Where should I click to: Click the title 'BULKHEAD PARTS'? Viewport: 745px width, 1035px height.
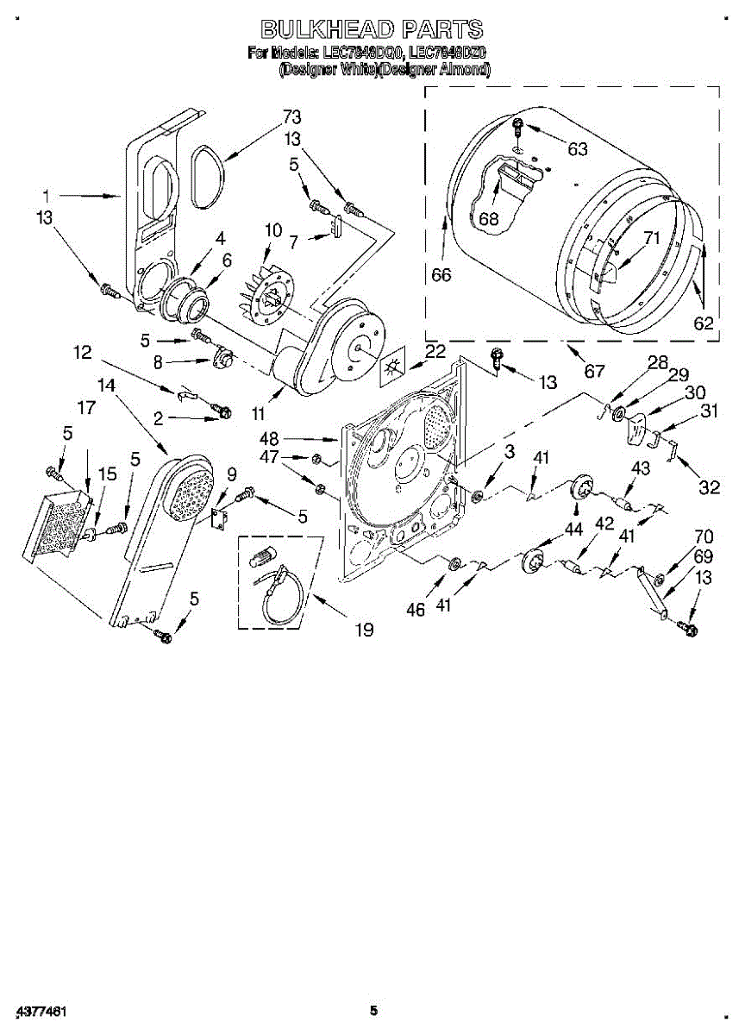pyautogui.click(x=372, y=29)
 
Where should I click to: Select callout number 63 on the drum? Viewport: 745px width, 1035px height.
pyautogui.click(x=577, y=149)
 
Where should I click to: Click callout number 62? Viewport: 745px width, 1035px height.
pyautogui.click(x=704, y=323)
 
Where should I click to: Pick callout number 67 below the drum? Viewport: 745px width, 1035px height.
pyautogui.click(x=594, y=372)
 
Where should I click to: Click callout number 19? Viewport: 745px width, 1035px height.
pyautogui.click(x=364, y=630)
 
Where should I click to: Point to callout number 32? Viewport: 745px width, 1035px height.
pyautogui.click(x=709, y=487)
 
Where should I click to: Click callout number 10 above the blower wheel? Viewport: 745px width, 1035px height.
pyautogui.click(x=273, y=230)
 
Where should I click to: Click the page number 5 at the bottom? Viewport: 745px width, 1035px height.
pyautogui.click(x=373, y=1010)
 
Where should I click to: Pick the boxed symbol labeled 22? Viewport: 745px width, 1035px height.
pyautogui.click(x=393, y=366)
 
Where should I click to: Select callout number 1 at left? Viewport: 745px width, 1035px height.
pyautogui.click(x=47, y=195)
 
